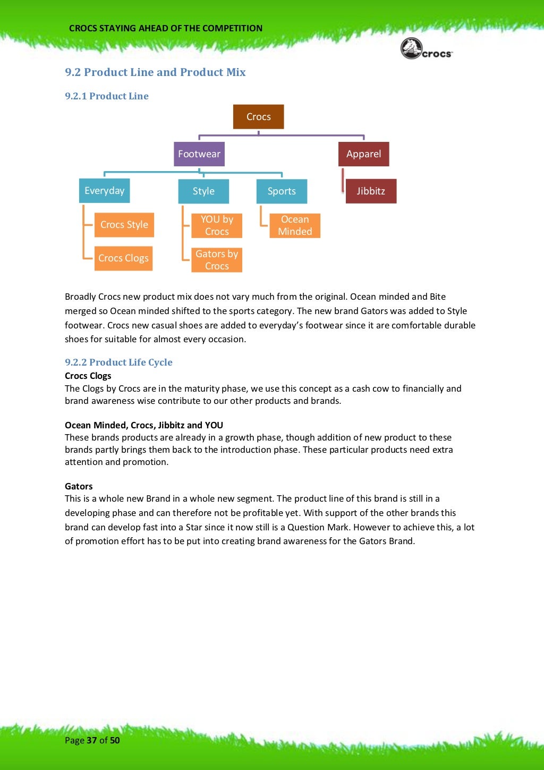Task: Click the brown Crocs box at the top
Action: click(x=258, y=117)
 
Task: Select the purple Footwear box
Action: click(x=199, y=154)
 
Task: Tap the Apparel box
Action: click(x=363, y=154)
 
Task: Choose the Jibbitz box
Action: click(x=371, y=191)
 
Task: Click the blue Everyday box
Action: click(x=104, y=191)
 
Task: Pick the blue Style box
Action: click(x=203, y=191)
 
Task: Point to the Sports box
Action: click(x=282, y=191)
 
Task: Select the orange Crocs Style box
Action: click(x=124, y=225)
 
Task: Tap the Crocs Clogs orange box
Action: click(x=123, y=258)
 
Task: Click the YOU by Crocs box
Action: click(x=217, y=225)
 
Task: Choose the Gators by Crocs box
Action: click(x=217, y=260)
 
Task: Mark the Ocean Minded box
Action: click(x=295, y=225)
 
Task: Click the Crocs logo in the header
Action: click(x=427, y=49)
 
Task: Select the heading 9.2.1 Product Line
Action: click(x=107, y=96)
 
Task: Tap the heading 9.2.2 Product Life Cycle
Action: click(x=118, y=362)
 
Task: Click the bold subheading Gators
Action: click(x=79, y=486)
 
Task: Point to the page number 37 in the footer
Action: click(x=92, y=740)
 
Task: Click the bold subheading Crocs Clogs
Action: click(x=88, y=376)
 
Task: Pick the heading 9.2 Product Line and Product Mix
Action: click(x=155, y=72)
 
